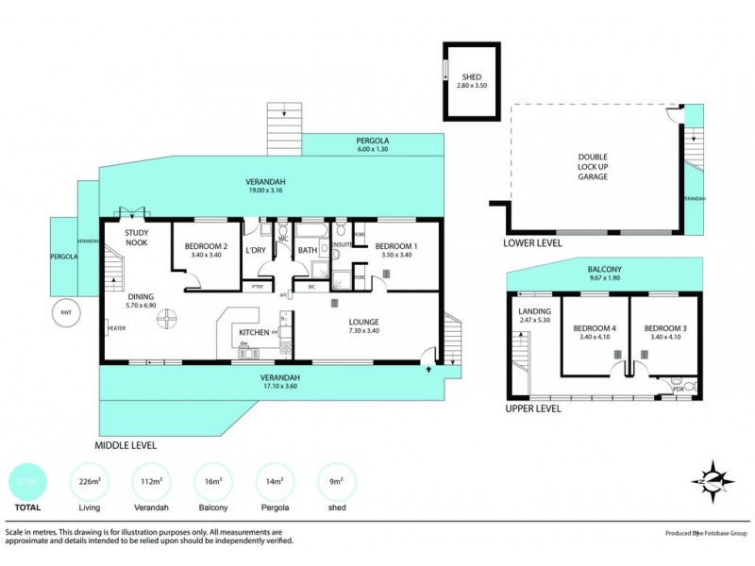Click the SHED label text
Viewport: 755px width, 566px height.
472,77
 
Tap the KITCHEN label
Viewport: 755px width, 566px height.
254,333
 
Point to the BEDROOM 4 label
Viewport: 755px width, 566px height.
595,328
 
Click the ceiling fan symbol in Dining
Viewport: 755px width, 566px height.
166,322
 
